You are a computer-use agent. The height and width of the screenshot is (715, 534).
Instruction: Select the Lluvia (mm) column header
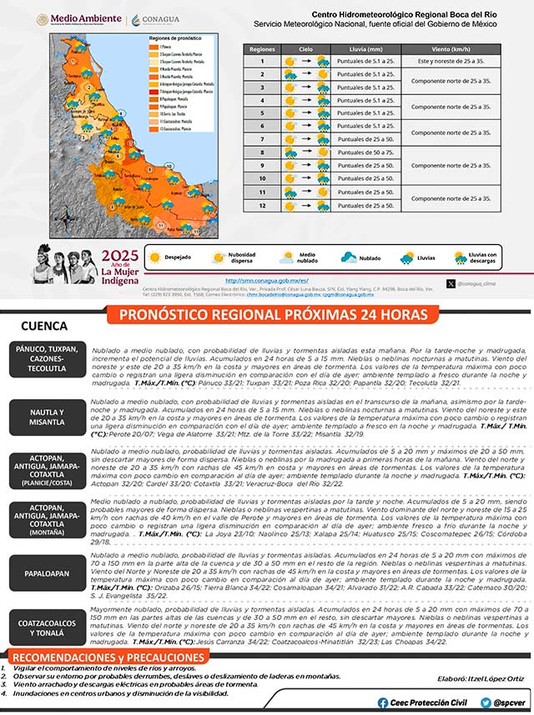click(365, 49)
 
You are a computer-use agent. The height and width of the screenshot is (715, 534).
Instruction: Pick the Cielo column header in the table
click(305, 49)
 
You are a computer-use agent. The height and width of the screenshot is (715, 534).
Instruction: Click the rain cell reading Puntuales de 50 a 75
click(365, 152)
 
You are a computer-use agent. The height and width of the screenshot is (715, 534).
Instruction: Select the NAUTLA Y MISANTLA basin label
click(47, 417)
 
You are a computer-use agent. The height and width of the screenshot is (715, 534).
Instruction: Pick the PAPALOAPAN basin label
click(47, 572)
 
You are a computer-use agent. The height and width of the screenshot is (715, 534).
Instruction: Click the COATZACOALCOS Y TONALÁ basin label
click(47, 628)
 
